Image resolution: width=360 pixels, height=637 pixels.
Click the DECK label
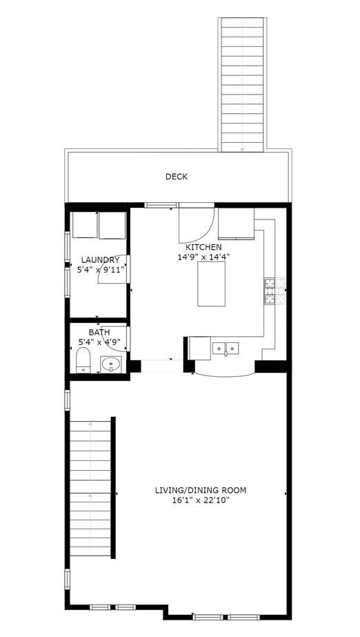point(176,177)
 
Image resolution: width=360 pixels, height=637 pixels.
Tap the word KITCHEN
point(203,247)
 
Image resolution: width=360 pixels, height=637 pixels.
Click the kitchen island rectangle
point(213,284)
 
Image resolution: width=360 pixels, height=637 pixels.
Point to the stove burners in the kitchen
point(269,291)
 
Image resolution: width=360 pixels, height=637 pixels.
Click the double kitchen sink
point(226,348)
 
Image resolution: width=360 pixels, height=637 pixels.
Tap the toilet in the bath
point(83,360)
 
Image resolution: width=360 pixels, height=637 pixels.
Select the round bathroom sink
point(110,363)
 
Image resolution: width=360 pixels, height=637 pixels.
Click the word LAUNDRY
point(100,260)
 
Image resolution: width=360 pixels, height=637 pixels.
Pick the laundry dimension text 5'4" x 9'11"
point(100,270)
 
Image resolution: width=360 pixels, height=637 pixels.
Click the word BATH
point(99,332)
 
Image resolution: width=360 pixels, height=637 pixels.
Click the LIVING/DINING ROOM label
point(200,491)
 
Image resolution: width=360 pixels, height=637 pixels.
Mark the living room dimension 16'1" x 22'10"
point(200,500)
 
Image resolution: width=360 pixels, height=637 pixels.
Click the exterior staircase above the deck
point(241,83)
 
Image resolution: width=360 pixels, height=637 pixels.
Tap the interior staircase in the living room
point(91,487)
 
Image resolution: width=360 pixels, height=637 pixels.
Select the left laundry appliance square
point(85,225)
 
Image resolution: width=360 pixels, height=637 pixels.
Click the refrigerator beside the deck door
point(236,222)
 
